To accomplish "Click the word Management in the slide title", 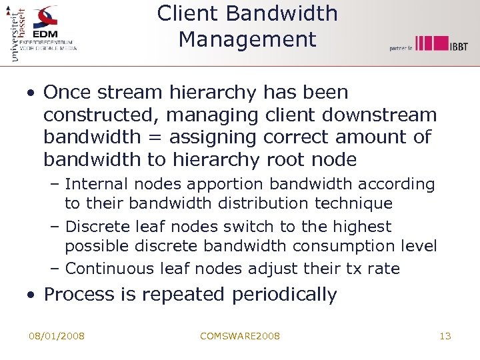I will [x=247, y=39].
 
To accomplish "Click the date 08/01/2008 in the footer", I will [x=57, y=336].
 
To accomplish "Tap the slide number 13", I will [x=445, y=336].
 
